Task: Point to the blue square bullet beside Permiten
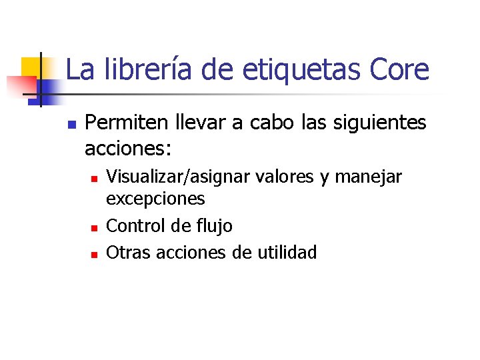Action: click(71, 125)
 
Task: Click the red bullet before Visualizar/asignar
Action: click(94, 179)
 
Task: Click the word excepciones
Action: click(155, 199)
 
